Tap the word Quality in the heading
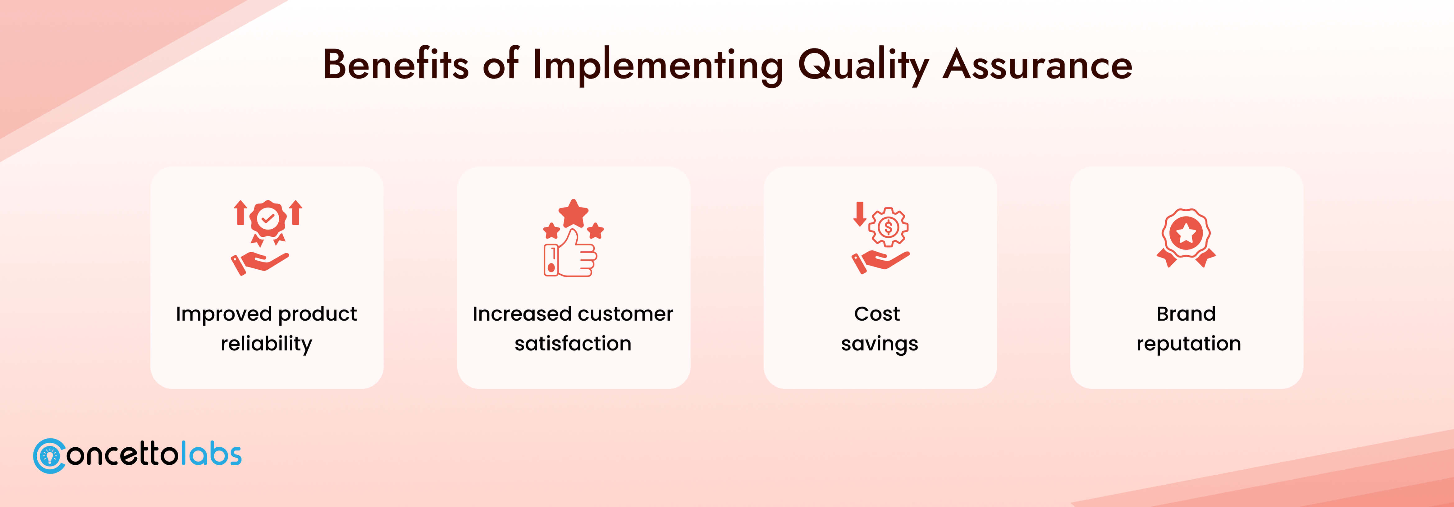(863, 66)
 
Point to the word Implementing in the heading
(658, 66)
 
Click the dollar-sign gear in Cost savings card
(889, 227)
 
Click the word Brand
(1186, 313)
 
